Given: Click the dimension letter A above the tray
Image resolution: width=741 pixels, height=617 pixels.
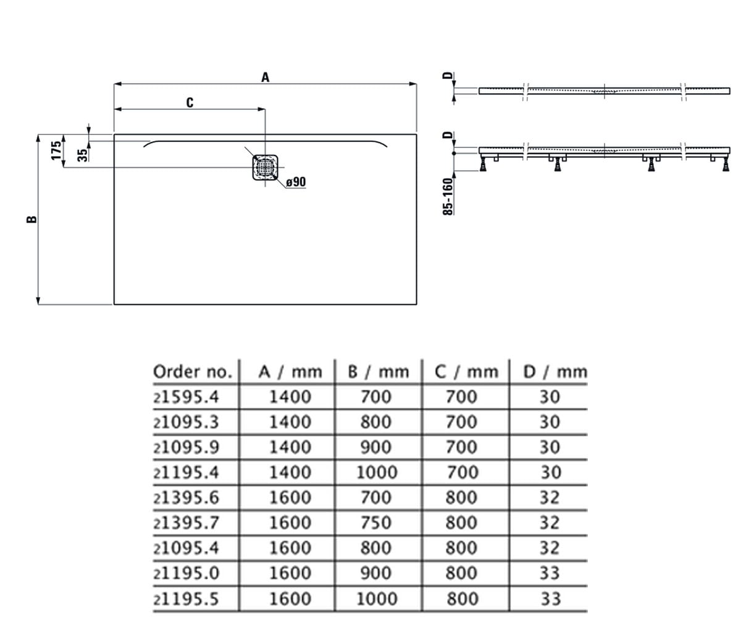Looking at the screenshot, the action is tap(265, 77).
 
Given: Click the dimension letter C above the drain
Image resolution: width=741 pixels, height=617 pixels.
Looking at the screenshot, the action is tap(190, 102).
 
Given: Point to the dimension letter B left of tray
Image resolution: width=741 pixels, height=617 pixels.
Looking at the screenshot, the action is tap(32, 219).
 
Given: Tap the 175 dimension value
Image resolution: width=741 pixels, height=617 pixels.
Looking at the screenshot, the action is tap(56, 151).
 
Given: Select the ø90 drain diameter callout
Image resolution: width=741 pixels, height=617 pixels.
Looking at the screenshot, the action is tap(296, 182).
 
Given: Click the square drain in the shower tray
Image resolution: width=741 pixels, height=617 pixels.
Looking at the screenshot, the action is tap(265, 167).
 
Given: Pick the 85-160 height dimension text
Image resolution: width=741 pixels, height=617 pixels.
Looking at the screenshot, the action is tap(448, 196).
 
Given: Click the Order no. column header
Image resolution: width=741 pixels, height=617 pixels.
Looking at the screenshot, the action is tap(193, 372).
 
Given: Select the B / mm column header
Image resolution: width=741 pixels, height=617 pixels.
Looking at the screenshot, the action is tap(379, 372).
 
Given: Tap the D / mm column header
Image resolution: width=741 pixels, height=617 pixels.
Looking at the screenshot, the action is tap(555, 372).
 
